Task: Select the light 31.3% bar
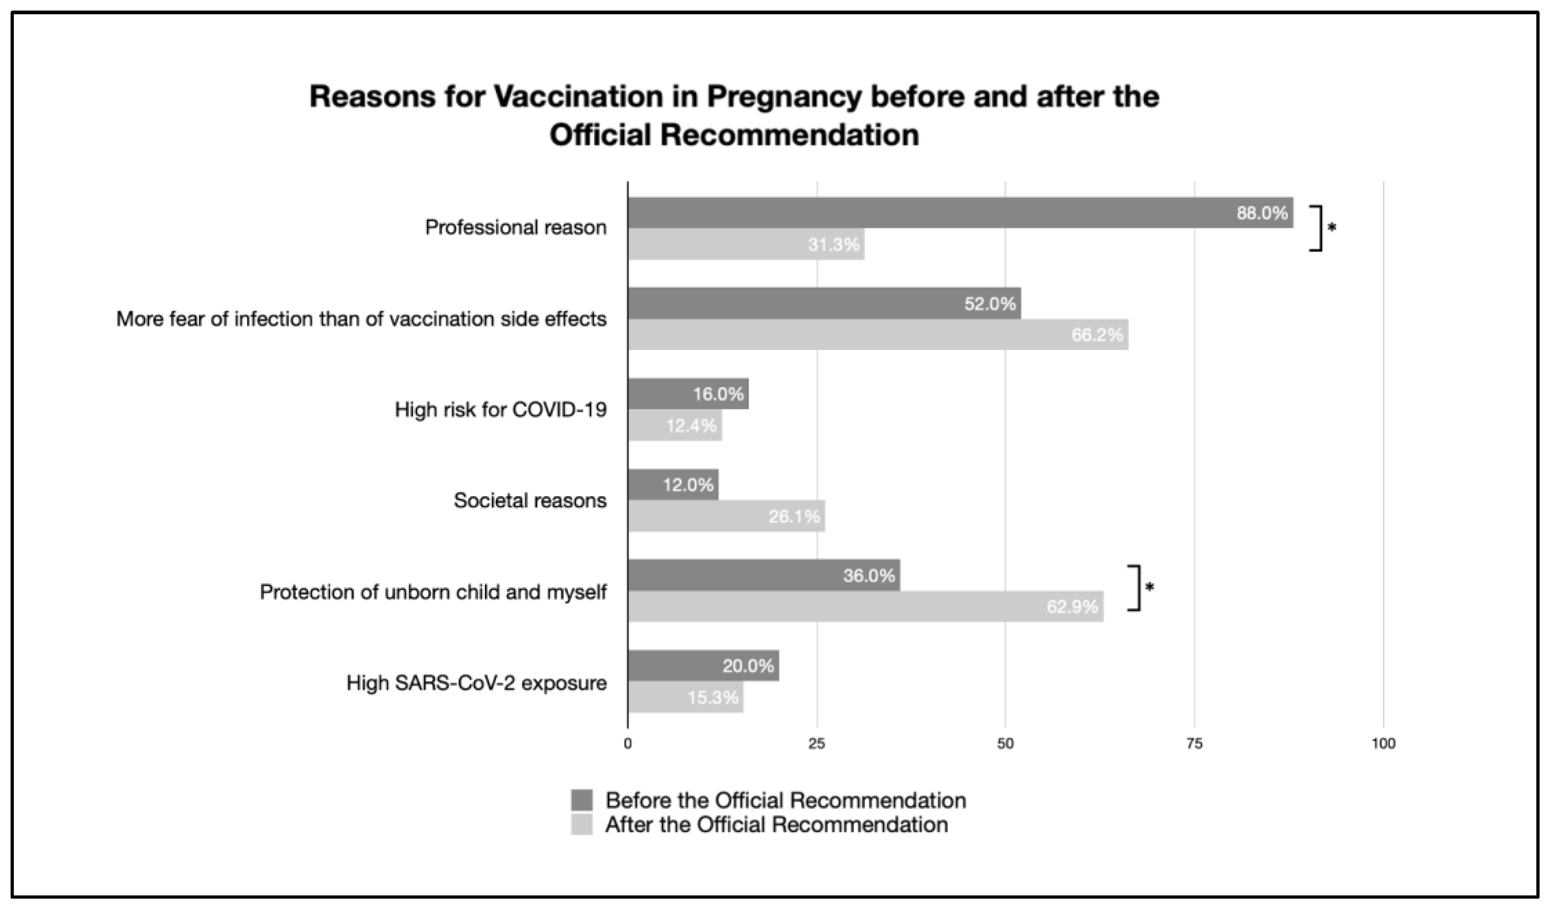745,244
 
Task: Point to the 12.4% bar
674,425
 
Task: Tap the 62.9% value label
1072,607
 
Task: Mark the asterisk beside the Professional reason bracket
1332,228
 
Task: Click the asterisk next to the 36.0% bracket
1149,587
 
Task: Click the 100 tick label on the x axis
1383,744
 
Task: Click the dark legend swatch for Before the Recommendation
581,800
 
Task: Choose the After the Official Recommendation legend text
776,825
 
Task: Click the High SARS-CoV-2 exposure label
476,683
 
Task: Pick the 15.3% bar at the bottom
685,697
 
